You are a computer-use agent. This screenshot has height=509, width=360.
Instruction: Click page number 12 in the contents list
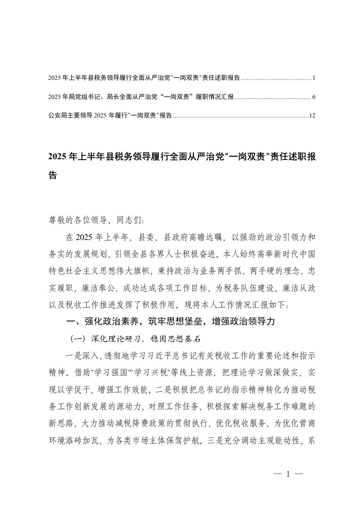312,116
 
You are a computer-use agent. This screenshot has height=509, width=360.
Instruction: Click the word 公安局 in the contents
56,116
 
